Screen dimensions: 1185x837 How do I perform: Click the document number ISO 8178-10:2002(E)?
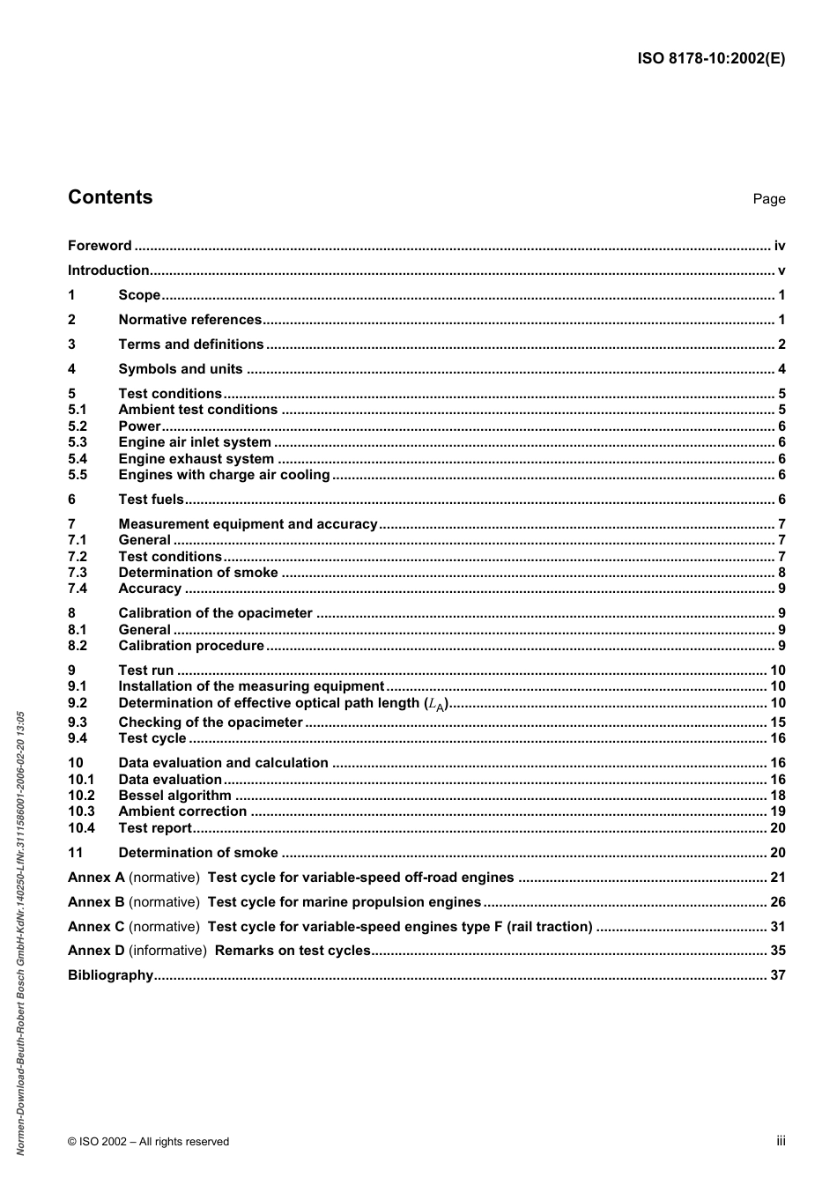711,59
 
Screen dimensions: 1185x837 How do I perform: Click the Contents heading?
110,197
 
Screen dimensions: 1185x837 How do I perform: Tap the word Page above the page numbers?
768,199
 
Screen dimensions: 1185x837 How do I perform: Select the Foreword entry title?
100,246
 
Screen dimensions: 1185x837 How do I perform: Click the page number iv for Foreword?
779,246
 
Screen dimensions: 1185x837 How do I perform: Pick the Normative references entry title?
189,320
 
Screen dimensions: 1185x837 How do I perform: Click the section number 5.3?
78,442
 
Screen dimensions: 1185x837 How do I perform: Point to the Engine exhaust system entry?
196,459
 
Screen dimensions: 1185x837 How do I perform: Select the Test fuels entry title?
151,500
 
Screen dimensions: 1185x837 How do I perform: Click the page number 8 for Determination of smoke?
781,573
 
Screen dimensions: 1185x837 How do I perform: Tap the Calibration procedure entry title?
190,646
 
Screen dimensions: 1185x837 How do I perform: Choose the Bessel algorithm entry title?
174,796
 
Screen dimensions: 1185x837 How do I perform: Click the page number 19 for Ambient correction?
777,811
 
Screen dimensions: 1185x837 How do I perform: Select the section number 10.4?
81,828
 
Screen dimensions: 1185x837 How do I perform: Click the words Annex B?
96,902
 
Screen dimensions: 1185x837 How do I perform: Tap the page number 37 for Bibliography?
777,975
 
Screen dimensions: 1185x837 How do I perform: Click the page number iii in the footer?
781,1141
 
